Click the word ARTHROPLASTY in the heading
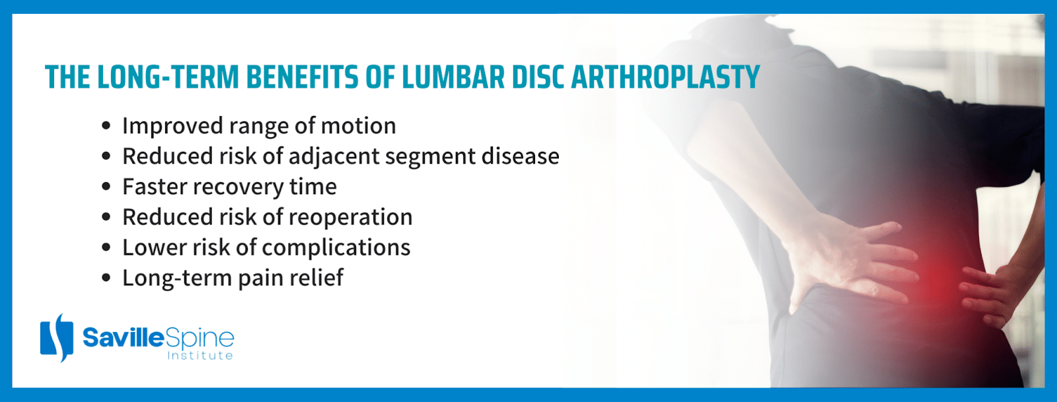tap(665, 77)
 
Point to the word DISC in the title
tap(538, 77)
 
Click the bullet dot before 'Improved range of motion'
tap(106, 126)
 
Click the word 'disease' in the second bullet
tap(520, 156)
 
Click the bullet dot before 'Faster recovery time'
tap(106, 187)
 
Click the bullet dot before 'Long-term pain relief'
tap(106, 278)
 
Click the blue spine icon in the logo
tap(57, 338)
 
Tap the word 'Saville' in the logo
tap(124, 338)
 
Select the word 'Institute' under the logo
tap(200, 355)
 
